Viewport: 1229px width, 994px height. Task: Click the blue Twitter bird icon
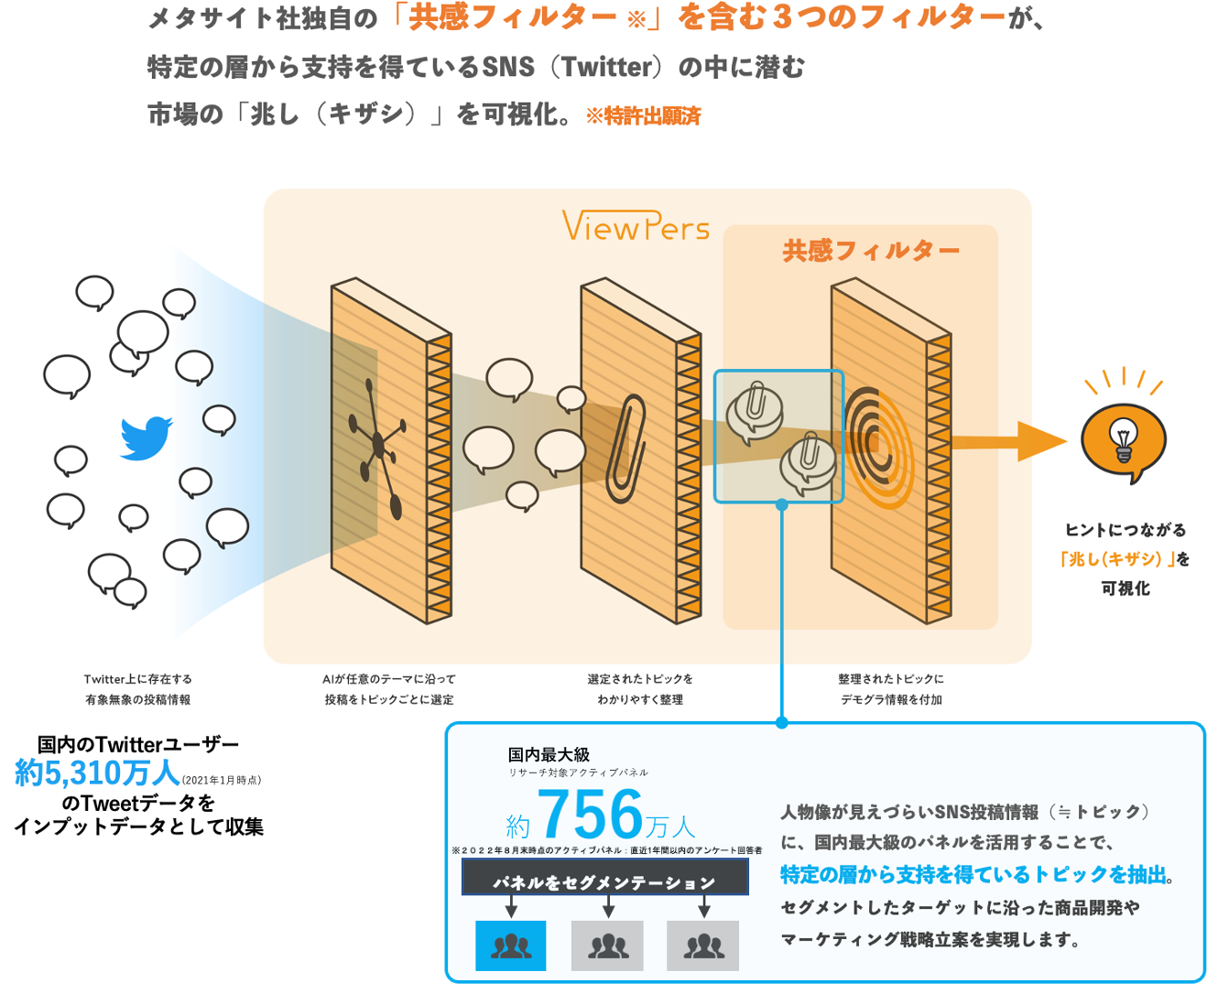coord(147,438)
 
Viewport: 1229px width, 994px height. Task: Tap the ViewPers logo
coord(636,227)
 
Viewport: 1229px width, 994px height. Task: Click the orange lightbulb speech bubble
coord(1123,441)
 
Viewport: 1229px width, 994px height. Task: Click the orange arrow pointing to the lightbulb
coord(1007,442)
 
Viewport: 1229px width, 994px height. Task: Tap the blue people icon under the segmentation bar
coord(511,945)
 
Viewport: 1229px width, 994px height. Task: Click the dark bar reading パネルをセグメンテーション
coord(604,881)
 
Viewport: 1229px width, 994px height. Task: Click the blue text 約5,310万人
coord(97,773)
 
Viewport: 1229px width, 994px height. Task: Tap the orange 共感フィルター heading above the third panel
coord(870,251)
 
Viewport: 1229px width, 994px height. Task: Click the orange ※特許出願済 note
coord(643,116)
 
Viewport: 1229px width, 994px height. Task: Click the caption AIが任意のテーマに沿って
coord(388,679)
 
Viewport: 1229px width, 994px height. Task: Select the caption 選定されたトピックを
coord(640,679)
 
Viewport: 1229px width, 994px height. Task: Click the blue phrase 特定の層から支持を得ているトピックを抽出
coord(974,875)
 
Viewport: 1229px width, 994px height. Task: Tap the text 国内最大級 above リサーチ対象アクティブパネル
coord(549,754)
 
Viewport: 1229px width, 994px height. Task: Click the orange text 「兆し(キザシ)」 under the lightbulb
coord(1115,559)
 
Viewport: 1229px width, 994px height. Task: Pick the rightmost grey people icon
coord(702,945)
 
